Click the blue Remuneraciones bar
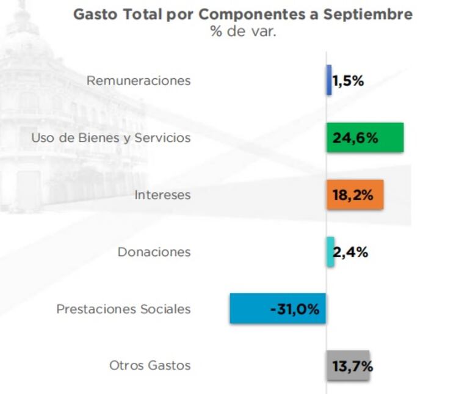click(329, 80)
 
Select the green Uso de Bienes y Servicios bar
click(365, 137)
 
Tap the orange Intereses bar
click(355, 195)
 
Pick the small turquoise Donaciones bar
click(330, 252)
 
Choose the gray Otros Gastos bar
click(348, 366)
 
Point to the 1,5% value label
click(349, 81)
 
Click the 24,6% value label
click(355, 138)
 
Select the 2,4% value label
click(351, 252)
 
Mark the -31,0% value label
click(294, 309)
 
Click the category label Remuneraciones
click(139, 81)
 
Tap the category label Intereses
click(163, 195)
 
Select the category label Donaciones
click(154, 252)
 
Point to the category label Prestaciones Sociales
click(123, 309)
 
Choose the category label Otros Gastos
click(150, 366)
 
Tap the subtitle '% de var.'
click(244, 32)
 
